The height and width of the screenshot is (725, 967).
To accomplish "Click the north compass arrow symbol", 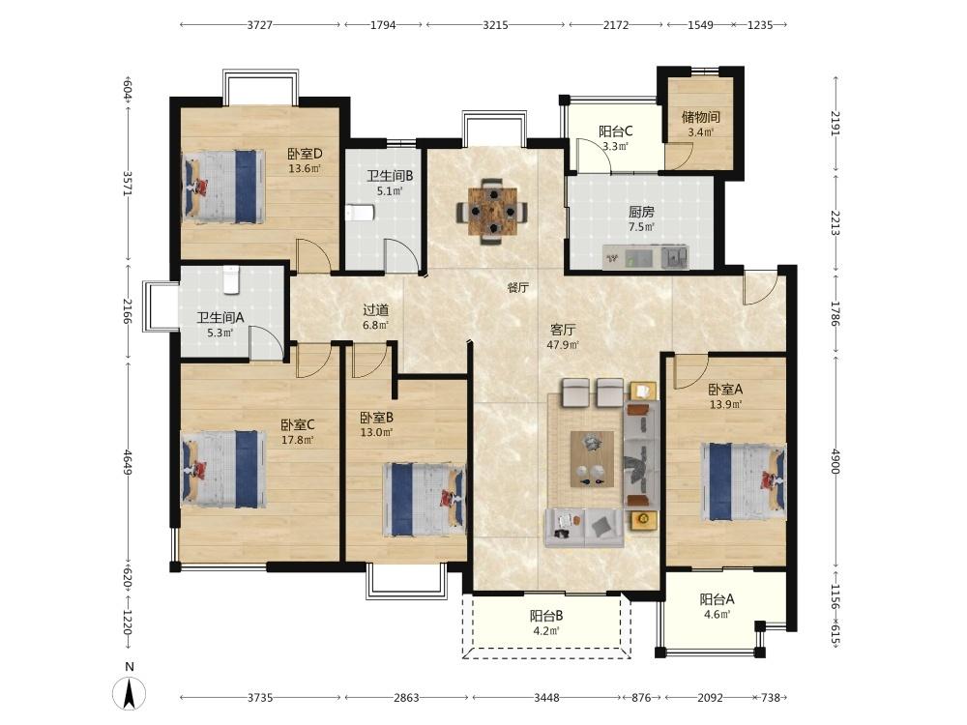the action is coord(129,693).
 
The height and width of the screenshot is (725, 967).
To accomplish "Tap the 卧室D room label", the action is coord(306,154).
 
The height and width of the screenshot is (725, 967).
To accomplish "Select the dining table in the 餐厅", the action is coord(491,212).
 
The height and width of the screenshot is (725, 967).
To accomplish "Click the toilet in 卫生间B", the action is coord(360,214).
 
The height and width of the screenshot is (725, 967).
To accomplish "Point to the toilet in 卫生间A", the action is coord(231,280).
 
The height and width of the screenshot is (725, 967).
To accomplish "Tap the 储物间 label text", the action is coord(700,117).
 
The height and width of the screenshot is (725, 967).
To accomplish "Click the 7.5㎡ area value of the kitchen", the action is coord(641,227).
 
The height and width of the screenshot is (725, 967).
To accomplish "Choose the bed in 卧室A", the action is coord(743,481).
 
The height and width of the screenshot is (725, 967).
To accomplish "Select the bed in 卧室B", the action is coord(425,499).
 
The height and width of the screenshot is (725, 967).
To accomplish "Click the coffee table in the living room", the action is coord(592,459).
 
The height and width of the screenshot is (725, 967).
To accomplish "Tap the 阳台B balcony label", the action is coord(546,616).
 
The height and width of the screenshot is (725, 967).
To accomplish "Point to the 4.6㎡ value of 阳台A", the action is coord(717,614).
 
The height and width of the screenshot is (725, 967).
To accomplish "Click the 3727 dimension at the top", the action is coord(259,25).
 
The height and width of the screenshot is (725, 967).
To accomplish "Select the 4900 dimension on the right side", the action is coord(835,461).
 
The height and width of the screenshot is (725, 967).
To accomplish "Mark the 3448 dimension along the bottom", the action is coord(546,697).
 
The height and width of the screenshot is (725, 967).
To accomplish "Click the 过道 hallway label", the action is coord(375,310).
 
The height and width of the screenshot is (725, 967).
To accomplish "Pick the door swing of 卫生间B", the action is coord(399,254).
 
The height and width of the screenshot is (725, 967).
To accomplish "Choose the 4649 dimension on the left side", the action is coord(127,462).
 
